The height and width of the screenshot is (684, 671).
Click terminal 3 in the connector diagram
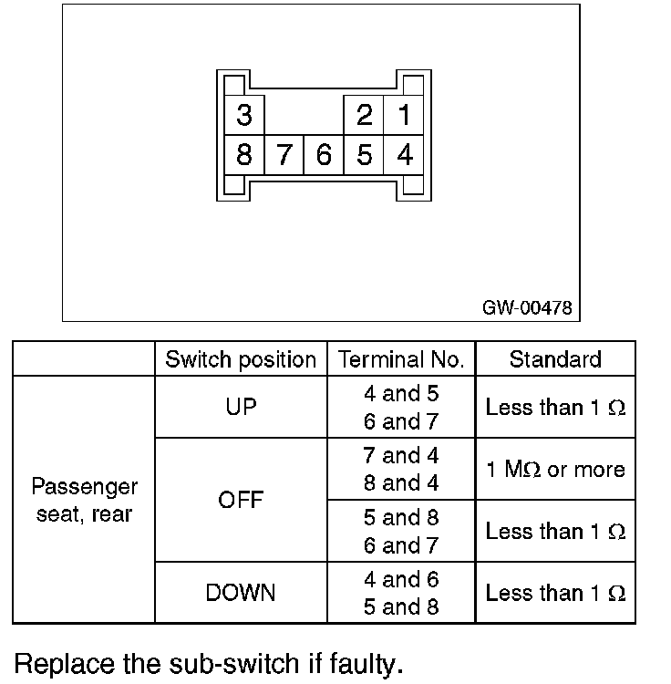pos(243,116)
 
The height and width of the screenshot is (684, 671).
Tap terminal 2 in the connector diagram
pos(365,116)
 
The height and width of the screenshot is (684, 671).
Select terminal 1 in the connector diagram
pos(404,116)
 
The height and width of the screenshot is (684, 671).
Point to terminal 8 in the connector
pos(243,155)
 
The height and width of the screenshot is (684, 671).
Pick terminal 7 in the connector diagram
pos(284,155)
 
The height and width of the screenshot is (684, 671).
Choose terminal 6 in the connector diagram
pos(324,155)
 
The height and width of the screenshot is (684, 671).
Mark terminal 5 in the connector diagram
pos(365,155)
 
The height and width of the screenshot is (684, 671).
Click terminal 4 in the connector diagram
pos(404,155)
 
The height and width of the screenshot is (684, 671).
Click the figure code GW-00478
pos(527,308)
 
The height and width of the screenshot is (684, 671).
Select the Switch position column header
pos(241,359)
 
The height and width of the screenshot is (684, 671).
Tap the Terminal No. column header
pos(401,359)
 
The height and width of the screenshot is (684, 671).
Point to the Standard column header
pos(555,359)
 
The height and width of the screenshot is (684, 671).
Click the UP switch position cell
pos(241,408)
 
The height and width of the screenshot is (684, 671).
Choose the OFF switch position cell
pos(241,500)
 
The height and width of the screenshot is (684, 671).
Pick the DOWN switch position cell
pos(241,593)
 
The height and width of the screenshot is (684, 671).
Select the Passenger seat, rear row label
pos(84,500)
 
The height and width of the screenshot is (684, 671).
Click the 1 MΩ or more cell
pos(555,470)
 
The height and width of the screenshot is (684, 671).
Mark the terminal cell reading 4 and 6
pos(401,579)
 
